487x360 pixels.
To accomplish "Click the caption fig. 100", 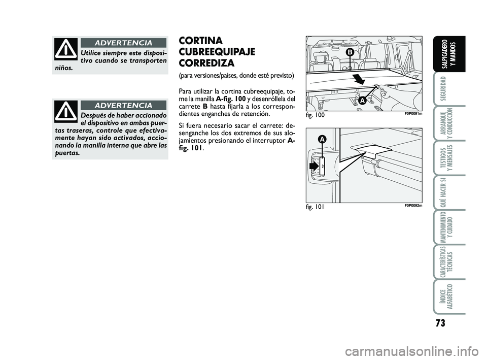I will (315, 116).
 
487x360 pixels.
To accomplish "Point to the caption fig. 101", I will (315, 207).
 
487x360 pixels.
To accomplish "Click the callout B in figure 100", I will (350, 52).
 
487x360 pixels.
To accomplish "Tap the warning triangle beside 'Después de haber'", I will (64, 111).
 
